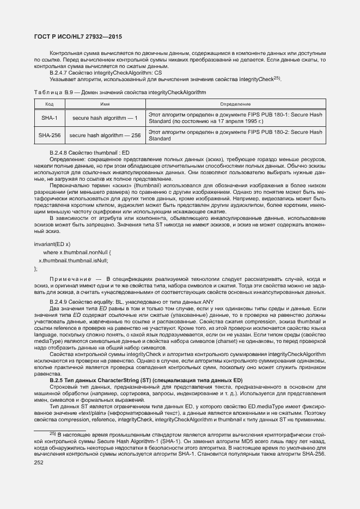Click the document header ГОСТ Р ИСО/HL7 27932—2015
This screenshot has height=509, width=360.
click(x=78, y=37)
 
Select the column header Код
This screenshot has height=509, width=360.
click(x=49, y=103)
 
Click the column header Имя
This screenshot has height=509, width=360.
click(x=105, y=103)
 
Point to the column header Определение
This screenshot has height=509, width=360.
click(x=235, y=103)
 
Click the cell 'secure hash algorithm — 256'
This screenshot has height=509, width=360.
click(x=105, y=136)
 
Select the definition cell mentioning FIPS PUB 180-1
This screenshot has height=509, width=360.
click(x=235, y=118)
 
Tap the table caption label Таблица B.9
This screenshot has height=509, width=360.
click(x=53, y=93)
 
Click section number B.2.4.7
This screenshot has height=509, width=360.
click(x=59, y=72)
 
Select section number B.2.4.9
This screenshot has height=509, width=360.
click(x=59, y=301)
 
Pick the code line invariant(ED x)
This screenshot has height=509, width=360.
click(x=52, y=244)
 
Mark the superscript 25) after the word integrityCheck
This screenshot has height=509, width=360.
click(x=276, y=77)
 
